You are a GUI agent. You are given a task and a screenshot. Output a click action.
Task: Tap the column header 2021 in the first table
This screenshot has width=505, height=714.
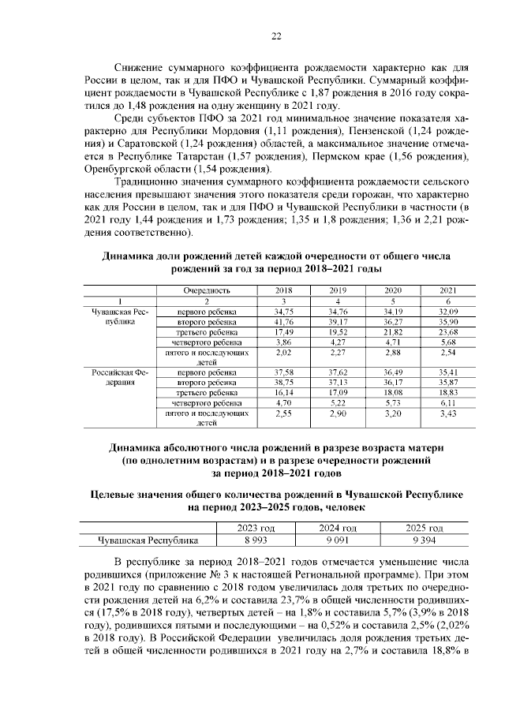(448, 290)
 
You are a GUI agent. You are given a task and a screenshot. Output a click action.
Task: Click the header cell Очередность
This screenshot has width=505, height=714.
(207, 290)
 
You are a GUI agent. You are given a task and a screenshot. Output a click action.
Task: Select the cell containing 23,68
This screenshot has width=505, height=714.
(448, 334)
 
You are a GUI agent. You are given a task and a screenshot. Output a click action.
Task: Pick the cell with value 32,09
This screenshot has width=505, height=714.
(448, 312)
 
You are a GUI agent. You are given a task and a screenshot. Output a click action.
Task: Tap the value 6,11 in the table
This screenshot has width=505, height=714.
(448, 402)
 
